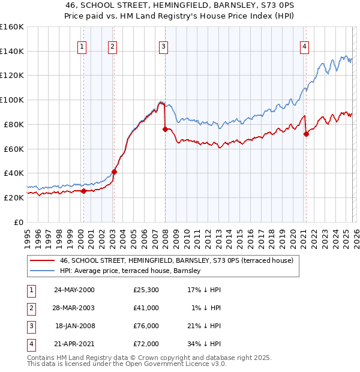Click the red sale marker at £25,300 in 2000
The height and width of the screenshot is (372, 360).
pos(84,191)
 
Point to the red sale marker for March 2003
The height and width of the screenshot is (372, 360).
pos(114,172)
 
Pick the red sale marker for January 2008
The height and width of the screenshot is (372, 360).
pos(165,129)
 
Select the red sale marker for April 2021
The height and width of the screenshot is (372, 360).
pos(306,134)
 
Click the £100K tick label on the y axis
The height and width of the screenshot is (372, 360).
pos(11,100)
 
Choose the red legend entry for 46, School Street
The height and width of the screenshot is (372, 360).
pos(176,260)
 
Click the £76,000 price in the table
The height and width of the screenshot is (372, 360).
pos(146,326)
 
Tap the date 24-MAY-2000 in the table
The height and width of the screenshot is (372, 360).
pos(74,290)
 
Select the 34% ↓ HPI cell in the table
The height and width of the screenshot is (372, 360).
pos(204,344)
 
